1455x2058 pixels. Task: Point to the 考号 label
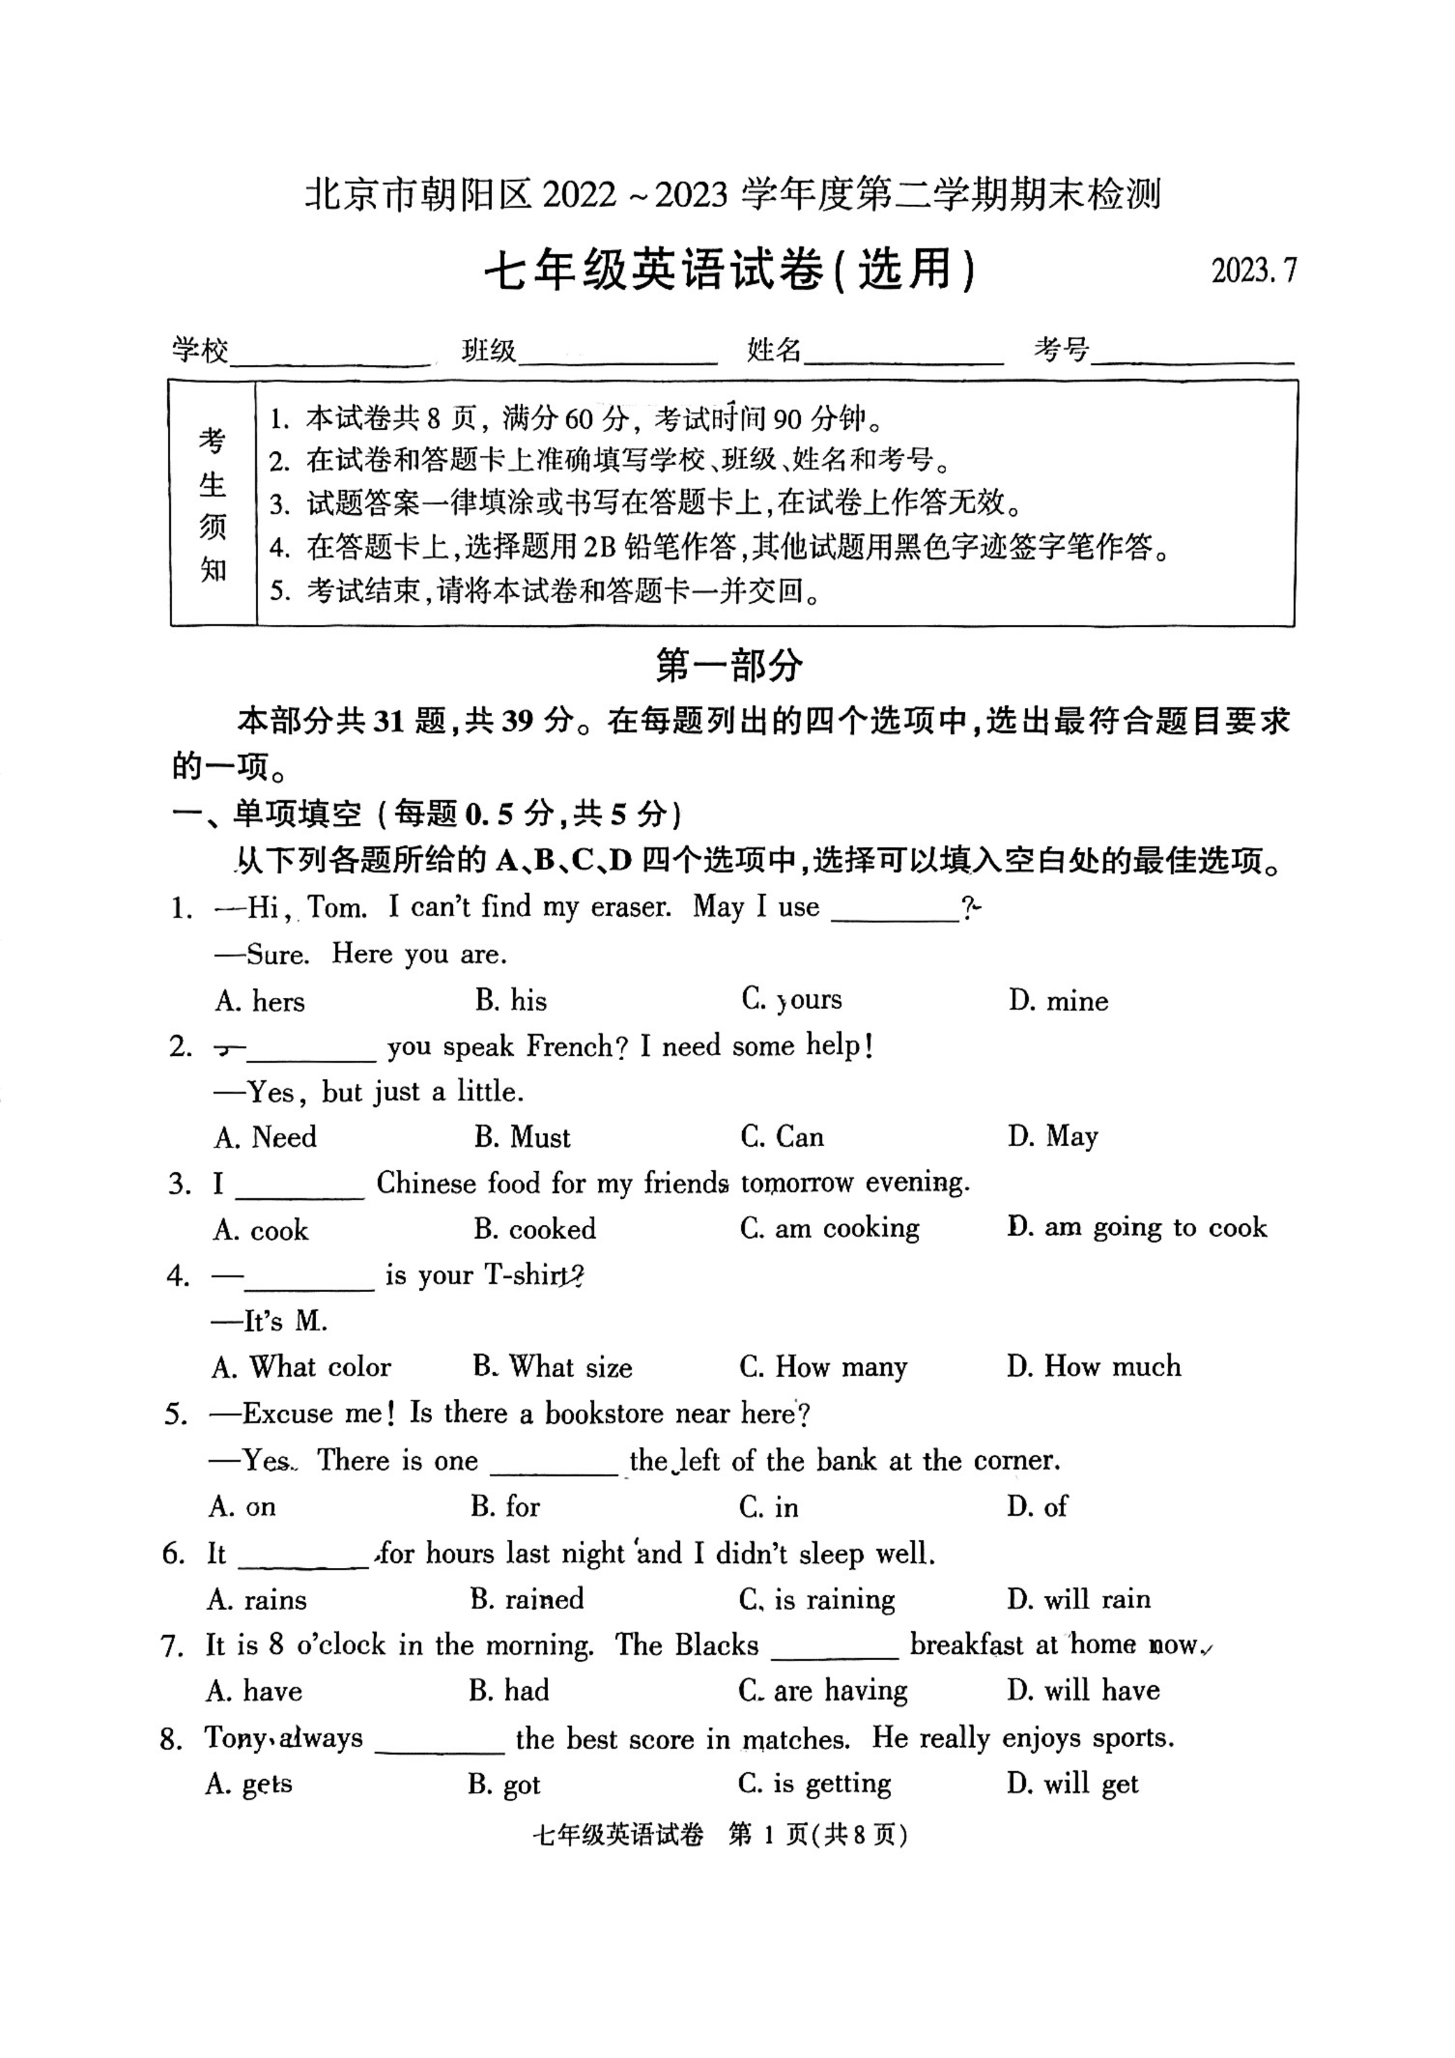pos(1061,349)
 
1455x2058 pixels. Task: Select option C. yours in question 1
pos(791,1000)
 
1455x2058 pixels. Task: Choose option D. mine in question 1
pos(1058,1000)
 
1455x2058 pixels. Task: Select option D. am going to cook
pos(1137,1227)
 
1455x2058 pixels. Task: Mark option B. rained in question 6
pos(526,1599)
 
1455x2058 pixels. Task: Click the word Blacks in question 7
pos(717,1645)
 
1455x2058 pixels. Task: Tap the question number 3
pos(179,1184)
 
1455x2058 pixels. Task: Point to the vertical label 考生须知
pos(213,505)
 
